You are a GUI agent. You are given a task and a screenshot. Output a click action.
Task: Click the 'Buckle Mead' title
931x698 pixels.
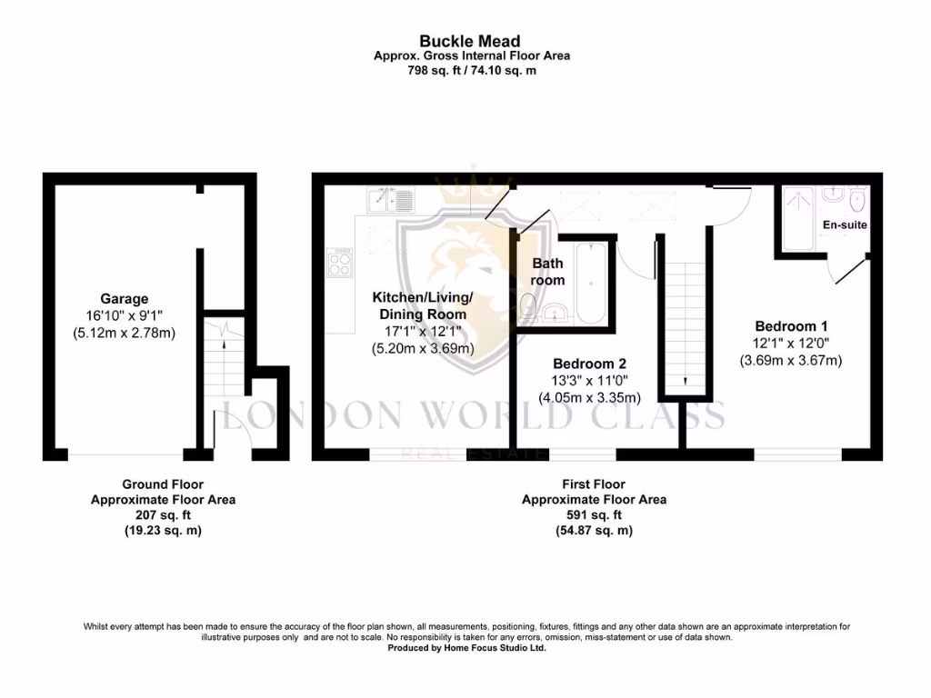[x=469, y=41]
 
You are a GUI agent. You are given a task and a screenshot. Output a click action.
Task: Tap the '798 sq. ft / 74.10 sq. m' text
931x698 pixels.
[x=471, y=70]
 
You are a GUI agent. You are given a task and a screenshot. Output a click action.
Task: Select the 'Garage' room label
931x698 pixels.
[x=124, y=299]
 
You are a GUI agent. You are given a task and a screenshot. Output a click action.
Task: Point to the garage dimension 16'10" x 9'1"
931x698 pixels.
[x=124, y=315]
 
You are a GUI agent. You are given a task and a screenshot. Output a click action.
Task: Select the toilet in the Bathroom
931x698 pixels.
[x=529, y=305]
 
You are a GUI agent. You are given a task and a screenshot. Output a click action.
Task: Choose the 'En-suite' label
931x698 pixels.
[x=845, y=224]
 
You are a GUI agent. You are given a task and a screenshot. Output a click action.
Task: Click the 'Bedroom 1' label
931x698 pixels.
[x=790, y=326]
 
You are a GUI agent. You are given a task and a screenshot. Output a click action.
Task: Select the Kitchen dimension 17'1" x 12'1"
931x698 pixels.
[x=423, y=332]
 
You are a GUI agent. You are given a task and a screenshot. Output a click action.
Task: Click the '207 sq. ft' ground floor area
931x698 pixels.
[x=163, y=515]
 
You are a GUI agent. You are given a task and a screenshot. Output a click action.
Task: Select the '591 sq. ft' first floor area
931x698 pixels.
[x=594, y=515]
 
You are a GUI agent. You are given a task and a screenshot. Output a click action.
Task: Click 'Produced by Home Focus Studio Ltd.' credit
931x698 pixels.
[x=467, y=649]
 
